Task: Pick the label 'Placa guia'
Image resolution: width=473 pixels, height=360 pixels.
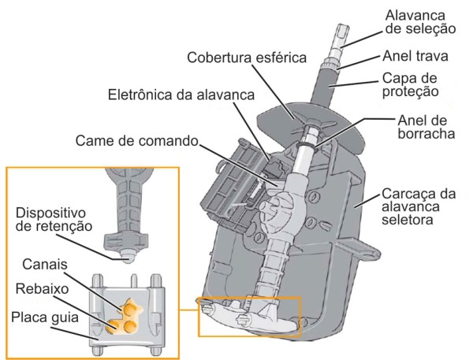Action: coord(43,320)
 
